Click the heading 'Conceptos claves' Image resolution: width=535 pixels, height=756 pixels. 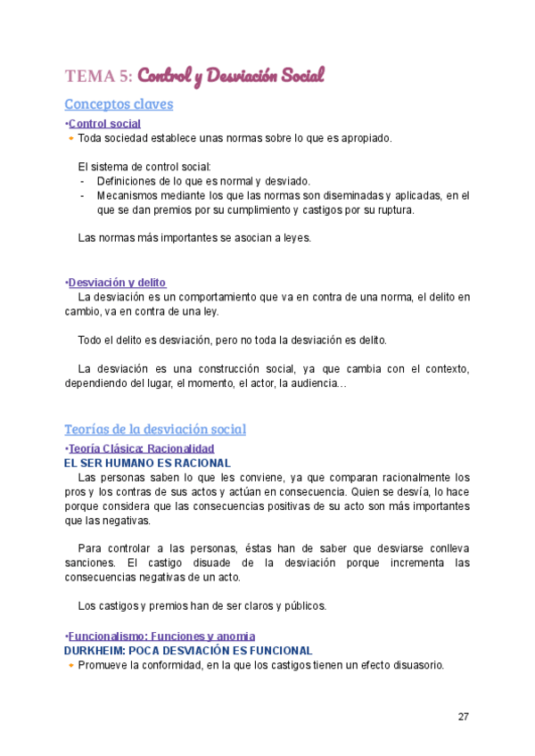(x=119, y=104)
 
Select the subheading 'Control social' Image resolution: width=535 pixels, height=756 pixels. (x=104, y=124)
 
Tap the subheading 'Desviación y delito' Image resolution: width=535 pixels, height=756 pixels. (x=117, y=283)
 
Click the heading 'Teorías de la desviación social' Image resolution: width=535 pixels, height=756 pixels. (x=155, y=430)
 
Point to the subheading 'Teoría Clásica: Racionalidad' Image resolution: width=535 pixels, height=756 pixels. (x=141, y=449)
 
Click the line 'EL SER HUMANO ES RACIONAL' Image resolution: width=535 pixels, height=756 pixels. (x=147, y=464)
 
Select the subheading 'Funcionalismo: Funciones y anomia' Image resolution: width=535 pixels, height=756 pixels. (x=161, y=636)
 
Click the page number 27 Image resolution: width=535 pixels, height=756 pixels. (x=463, y=717)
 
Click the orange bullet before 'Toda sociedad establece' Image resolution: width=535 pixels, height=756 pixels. (x=71, y=139)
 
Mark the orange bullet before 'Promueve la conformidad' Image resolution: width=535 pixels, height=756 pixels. (x=71, y=666)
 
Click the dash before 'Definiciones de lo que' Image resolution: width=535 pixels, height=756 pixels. (x=82, y=181)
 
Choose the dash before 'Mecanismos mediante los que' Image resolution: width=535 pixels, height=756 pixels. (x=82, y=195)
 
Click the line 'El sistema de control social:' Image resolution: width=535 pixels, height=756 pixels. (x=144, y=167)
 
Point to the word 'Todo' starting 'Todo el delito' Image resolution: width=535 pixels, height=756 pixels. (x=90, y=341)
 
